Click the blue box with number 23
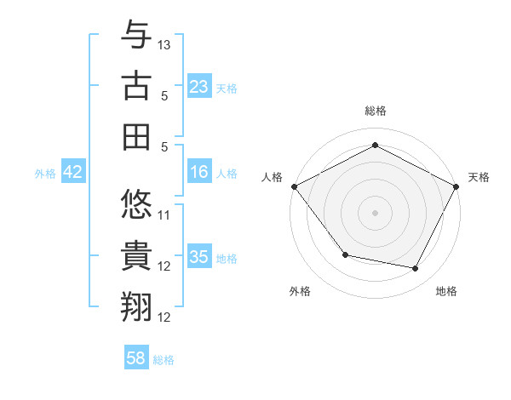pos(199,87)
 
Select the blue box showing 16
pos(199,173)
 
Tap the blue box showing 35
pos(199,257)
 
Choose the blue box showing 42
pos(73,173)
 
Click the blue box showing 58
pos(136,358)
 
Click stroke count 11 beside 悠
pos(164,214)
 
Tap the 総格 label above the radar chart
pos(375,111)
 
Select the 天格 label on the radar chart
pos(479,177)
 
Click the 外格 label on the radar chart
pos(300,291)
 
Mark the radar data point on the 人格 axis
pos(295,186)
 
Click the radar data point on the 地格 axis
pos(416,269)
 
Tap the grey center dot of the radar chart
pos(375,212)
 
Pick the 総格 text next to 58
pos(164,360)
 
